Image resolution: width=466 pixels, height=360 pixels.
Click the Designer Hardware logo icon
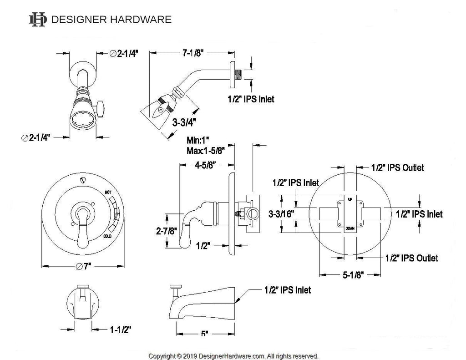pyautogui.click(x=37, y=19)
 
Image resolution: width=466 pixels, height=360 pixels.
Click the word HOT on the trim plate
pyautogui.click(x=108, y=193)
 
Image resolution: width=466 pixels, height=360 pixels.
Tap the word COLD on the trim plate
pyautogui.click(x=108, y=236)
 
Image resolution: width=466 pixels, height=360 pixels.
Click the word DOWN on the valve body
pyautogui.click(x=349, y=228)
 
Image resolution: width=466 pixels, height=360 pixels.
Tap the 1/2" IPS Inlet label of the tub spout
pyautogui.click(x=287, y=289)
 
